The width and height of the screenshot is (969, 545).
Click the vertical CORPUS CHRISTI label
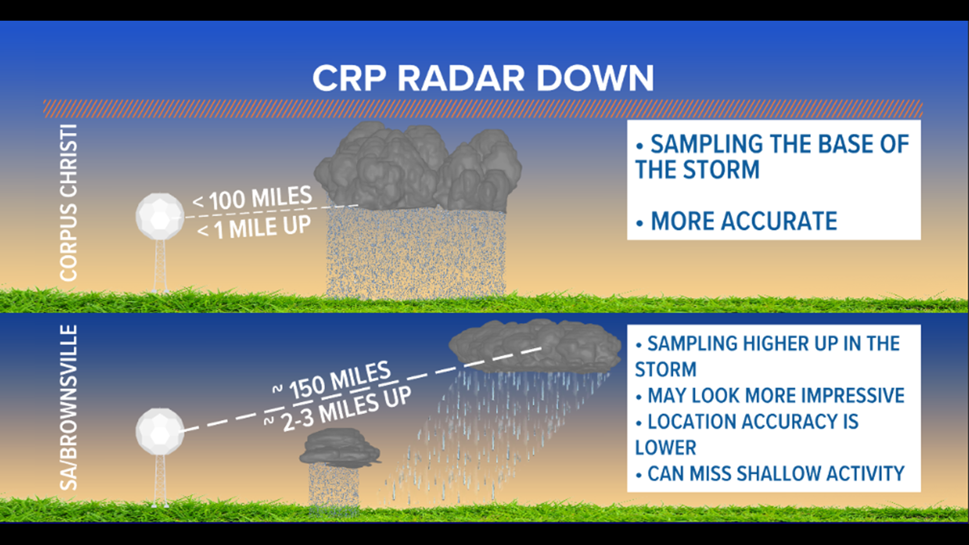tap(69, 203)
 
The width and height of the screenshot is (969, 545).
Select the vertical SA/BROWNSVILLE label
tap(69, 408)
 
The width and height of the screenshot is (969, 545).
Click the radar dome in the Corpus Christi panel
tap(160, 216)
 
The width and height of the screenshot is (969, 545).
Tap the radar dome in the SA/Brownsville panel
tap(160, 431)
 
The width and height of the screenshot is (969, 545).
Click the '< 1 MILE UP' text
tap(254, 228)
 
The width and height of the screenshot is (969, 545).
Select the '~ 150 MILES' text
tap(333, 381)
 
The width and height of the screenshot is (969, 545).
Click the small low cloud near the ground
tap(340, 447)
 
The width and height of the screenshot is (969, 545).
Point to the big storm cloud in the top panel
tap(418, 167)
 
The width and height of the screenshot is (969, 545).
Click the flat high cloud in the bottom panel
tap(535, 346)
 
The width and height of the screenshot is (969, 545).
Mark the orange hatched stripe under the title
tap(482, 109)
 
